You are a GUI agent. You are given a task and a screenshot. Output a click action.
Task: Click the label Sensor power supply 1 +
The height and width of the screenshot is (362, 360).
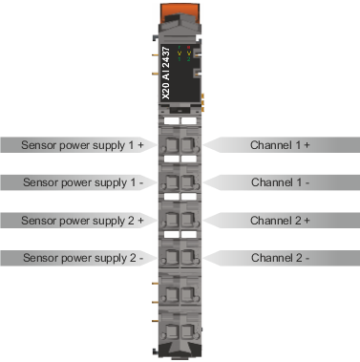82,145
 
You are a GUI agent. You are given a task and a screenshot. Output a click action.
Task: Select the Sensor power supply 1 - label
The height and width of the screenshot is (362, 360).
83,182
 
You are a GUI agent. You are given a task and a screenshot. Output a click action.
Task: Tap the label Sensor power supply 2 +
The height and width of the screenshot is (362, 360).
82,221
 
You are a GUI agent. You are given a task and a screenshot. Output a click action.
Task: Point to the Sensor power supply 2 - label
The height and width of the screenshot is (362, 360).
83,258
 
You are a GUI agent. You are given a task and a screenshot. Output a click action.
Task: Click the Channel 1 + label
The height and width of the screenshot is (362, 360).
280,145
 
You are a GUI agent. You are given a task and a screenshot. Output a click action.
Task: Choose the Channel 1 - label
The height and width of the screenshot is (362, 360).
280,182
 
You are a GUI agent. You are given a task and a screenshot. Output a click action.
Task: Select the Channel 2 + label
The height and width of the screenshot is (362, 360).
280,221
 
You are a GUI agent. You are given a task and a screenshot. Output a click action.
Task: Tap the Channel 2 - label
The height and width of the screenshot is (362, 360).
280,258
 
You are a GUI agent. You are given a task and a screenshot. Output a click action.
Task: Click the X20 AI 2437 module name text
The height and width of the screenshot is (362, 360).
166,74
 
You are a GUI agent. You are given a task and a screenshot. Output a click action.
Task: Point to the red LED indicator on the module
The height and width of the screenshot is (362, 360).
188,48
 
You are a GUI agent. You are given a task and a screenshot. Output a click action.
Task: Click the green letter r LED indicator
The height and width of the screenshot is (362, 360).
180,48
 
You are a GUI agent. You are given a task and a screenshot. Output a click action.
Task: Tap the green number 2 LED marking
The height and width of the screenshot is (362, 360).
188,59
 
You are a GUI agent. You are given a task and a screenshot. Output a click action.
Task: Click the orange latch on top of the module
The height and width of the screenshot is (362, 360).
180,12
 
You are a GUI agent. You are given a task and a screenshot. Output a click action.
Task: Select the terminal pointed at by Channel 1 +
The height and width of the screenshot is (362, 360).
188,145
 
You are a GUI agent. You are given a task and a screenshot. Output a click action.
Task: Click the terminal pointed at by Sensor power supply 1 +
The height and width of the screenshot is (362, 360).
172,145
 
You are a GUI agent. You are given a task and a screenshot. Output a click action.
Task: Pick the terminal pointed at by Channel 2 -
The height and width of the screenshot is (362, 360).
188,257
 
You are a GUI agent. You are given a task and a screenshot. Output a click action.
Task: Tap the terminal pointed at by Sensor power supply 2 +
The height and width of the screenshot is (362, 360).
172,220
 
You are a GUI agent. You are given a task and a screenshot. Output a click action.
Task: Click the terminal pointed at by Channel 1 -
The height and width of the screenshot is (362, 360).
188,182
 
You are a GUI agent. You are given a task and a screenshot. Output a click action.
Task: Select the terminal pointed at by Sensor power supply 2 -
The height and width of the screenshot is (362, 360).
172,257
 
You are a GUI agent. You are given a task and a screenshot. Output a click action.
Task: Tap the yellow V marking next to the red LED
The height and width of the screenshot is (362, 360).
188,53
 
